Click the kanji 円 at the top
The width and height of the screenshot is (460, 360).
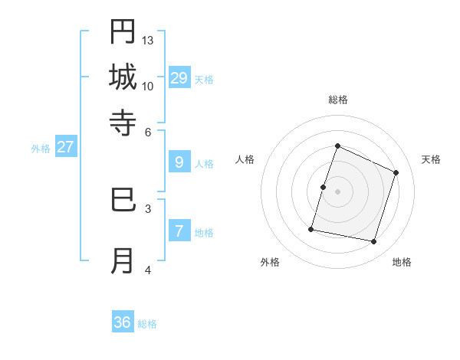[x=123, y=32]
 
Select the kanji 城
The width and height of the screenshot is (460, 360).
[x=123, y=77]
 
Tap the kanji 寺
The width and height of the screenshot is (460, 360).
[x=123, y=121]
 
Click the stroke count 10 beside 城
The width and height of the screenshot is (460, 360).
[x=148, y=86]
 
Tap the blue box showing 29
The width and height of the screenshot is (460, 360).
[x=179, y=77]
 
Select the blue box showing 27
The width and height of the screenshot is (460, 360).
[x=65, y=147]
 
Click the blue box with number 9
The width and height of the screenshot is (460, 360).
[x=179, y=162]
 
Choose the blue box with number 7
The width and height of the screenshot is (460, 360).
[x=179, y=231]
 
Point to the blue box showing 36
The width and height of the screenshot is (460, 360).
[x=123, y=322]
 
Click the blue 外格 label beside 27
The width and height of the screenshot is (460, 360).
[x=41, y=149]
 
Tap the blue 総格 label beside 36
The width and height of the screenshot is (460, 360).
[x=147, y=324]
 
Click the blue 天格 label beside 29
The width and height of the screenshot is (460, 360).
[x=204, y=80]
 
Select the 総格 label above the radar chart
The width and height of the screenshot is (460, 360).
[x=338, y=100]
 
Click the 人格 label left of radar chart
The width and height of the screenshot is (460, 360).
[x=245, y=159]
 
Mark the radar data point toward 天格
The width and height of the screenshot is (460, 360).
[x=396, y=172]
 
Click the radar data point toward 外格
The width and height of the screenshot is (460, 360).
[x=311, y=229]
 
